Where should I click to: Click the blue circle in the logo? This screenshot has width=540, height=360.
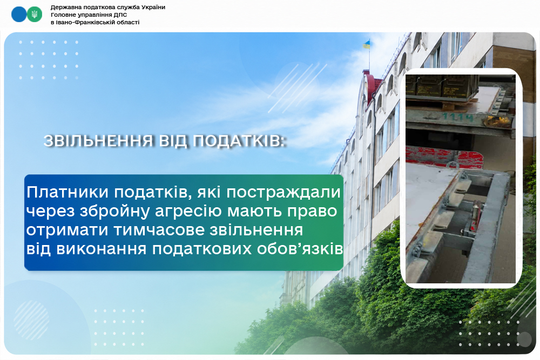[x=19, y=14]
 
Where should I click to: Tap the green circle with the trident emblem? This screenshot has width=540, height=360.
[x=35, y=14]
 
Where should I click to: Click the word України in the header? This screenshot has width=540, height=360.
[x=153, y=7]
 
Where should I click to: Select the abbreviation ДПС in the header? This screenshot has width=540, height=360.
[x=121, y=15]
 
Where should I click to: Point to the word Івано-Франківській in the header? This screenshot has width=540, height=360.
[x=82, y=22]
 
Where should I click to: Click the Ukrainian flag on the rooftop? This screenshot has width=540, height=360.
[x=367, y=44]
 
